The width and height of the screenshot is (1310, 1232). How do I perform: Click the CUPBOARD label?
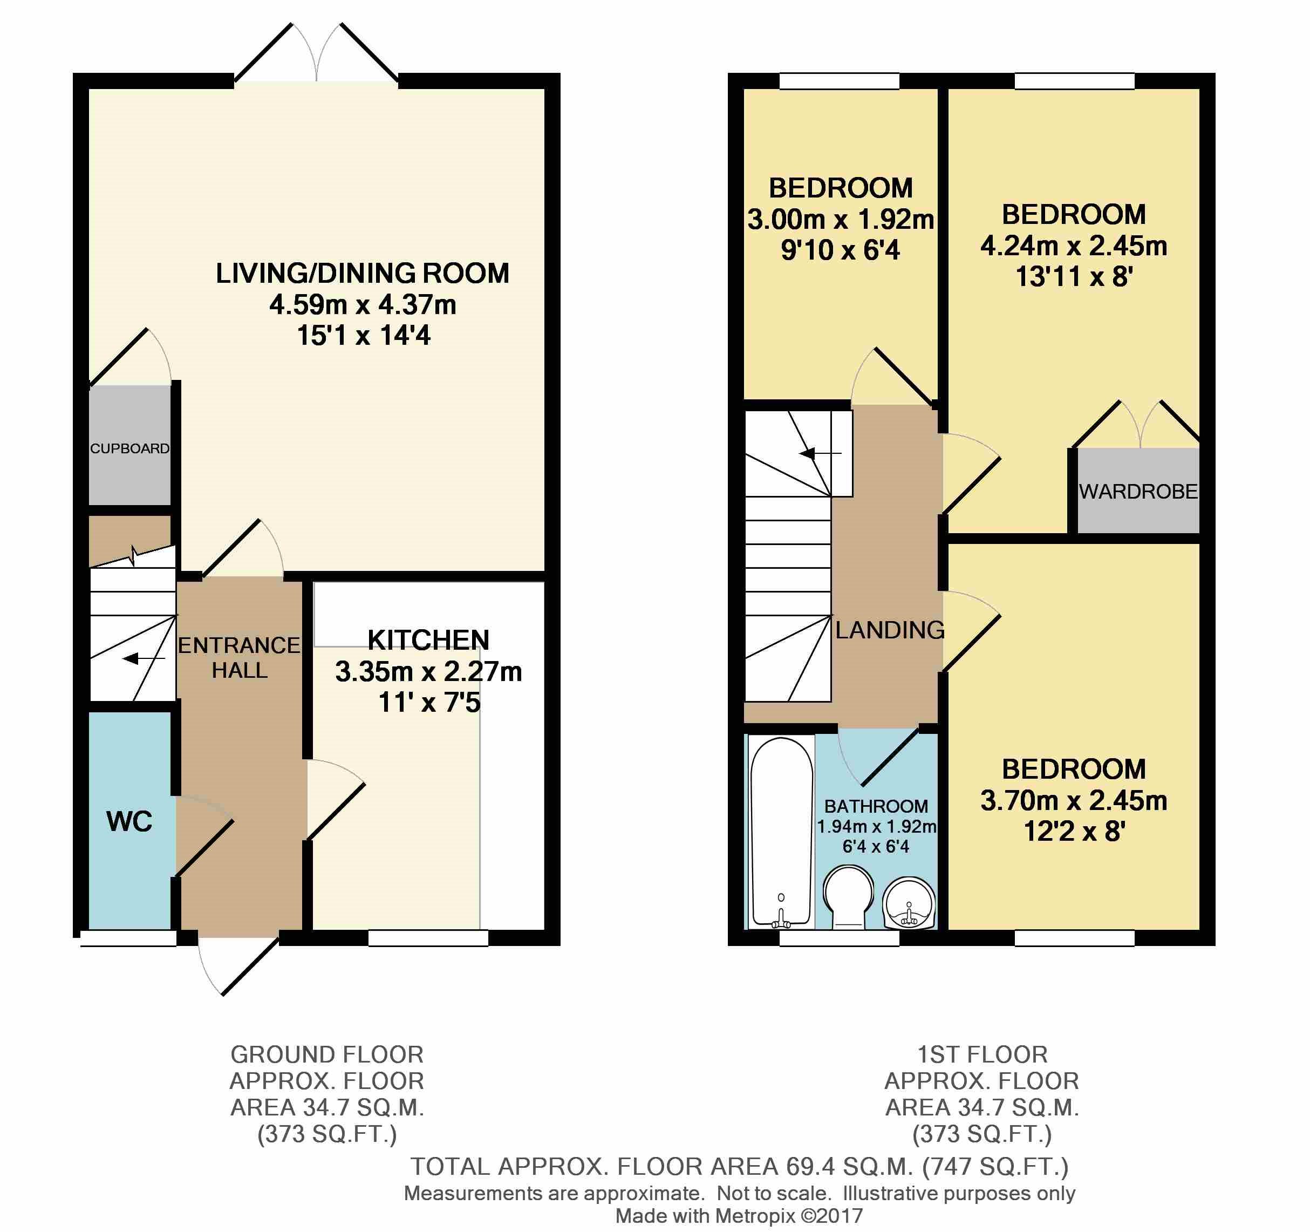pos(130,448)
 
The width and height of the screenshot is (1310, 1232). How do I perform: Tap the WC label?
pos(129,821)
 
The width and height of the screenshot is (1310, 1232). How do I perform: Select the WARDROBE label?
pos(1138,491)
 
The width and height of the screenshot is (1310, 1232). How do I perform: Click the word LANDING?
pos(890,630)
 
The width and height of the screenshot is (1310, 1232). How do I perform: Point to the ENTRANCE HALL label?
pos(239,657)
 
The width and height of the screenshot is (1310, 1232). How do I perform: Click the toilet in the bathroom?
pos(848,898)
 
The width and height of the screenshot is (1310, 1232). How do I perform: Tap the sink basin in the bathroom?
pos(909,903)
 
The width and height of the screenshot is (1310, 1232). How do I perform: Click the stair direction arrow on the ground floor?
pos(144,658)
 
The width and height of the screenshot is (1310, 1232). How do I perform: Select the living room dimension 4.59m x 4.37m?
pos(363,304)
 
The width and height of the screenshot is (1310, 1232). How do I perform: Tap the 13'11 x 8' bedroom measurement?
pos(1074,277)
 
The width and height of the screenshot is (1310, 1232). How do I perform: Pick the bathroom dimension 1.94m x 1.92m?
pos(876,827)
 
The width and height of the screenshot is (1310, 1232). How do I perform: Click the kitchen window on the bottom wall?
pos(428,937)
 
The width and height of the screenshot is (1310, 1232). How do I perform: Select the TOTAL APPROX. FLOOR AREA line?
pos(739,1166)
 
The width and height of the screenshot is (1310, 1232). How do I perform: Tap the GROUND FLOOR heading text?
pos(327,1054)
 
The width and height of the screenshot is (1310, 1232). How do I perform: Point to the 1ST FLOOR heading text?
pos(982,1054)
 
